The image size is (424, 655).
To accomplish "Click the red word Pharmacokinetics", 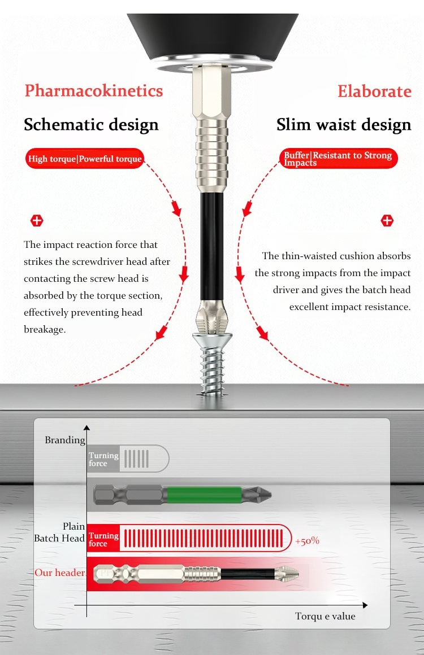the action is click(94, 91).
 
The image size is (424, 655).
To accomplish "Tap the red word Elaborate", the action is click(374, 91).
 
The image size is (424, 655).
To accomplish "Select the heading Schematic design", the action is click(91, 125).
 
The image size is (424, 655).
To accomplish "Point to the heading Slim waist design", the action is click(344, 125).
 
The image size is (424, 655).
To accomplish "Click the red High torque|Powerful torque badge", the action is click(84, 159).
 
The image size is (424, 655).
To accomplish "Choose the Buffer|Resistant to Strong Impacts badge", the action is click(338, 158).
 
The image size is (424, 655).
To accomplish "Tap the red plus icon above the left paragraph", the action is click(37, 221).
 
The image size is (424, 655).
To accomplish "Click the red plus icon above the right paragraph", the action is click(387, 221).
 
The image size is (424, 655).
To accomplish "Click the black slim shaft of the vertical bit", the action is click(212, 246).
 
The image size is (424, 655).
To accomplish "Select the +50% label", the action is click(307, 541).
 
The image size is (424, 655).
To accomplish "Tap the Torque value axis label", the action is click(325, 616).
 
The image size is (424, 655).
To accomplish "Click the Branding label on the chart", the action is click(65, 440).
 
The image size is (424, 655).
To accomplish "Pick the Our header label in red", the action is click(60, 573).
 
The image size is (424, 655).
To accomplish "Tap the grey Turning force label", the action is click(103, 459).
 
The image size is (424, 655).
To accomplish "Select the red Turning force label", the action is click(103, 539).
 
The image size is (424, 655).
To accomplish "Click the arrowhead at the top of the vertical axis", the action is click(87, 427).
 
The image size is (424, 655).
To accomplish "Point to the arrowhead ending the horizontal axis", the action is click(365, 605).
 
